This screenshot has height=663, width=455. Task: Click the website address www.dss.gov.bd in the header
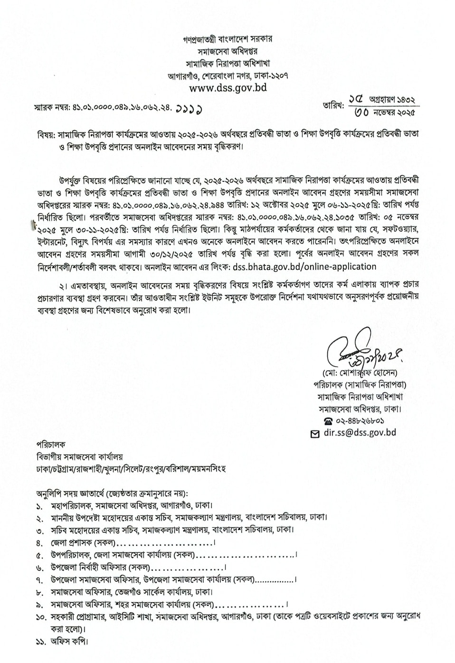[x=227, y=87]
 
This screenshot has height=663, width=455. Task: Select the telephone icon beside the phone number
[x=328, y=421]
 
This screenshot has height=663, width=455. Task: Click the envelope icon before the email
[x=314, y=433]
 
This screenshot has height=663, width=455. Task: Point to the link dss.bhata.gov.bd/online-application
[x=304, y=266]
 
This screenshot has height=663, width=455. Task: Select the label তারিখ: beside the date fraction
[x=333, y=105]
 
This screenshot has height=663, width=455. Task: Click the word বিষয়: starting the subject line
[x=46, y=134]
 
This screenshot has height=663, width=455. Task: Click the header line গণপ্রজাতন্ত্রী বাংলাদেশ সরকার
[x=227, y=38]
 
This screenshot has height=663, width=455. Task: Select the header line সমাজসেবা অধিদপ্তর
[x=227, y=51]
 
